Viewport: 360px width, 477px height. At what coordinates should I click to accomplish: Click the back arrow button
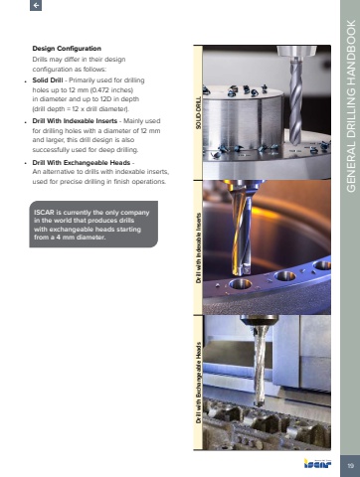[36, 5]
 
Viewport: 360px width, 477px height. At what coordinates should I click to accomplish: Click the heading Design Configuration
[67, 49]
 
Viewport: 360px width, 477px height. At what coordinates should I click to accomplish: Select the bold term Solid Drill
[48, 80]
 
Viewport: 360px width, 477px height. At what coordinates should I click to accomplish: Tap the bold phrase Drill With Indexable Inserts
[75, 121]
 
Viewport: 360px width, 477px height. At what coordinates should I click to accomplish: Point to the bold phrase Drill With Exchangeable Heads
[81, 163]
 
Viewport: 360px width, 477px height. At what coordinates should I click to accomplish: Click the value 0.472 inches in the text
[112, 90]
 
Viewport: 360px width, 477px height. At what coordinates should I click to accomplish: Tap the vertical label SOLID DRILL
[198, 113]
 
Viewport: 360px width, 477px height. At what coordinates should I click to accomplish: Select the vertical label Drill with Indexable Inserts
[198, 247]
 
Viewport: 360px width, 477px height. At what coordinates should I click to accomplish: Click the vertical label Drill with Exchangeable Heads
[198, 383]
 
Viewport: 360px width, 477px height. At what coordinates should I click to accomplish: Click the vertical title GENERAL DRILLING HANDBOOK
[351, 106]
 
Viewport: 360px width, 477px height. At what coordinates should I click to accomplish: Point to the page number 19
[350, 466]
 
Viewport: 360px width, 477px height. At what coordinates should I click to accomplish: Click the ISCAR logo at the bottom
[317, 463]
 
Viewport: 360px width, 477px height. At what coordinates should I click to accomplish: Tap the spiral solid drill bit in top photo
[295, 101]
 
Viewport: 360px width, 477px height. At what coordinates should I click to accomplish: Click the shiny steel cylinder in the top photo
[243, 122]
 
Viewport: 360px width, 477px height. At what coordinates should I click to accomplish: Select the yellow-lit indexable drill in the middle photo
[241, 230]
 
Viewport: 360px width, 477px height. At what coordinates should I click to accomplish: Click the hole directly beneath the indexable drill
[241, 284]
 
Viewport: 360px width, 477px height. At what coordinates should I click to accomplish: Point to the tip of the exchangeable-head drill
[259, 405]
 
